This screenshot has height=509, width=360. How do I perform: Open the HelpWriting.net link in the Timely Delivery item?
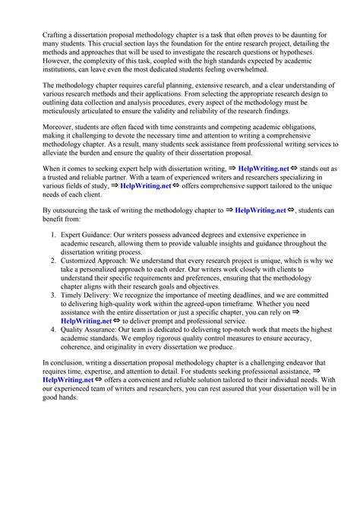[x=87, y=321]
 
